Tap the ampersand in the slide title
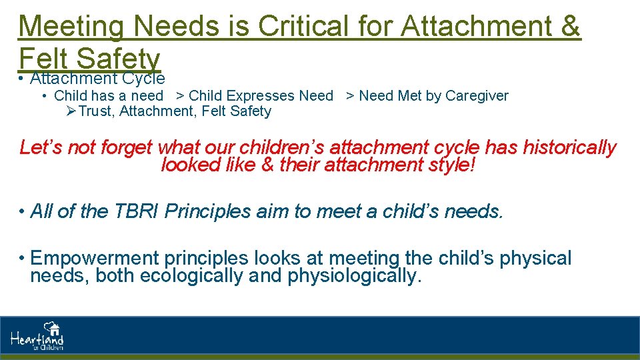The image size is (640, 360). click(568, 27)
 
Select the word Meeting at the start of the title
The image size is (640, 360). click(71, 27)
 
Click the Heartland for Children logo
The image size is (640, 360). click(37, 337)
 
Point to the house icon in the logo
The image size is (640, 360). click(53, 328)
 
